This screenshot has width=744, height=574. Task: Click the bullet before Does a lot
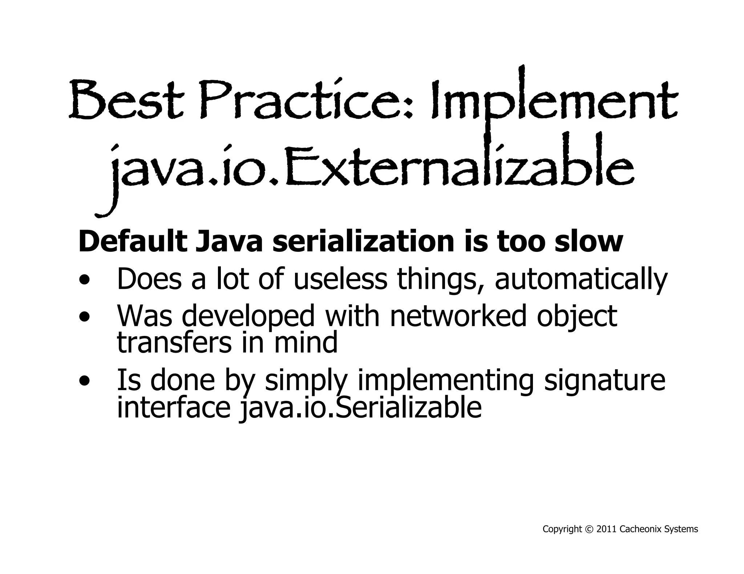[84, 280]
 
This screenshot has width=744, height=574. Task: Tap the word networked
[458, 316]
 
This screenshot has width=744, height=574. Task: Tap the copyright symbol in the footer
[589, 529]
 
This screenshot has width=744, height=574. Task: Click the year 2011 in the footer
[606, 529]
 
